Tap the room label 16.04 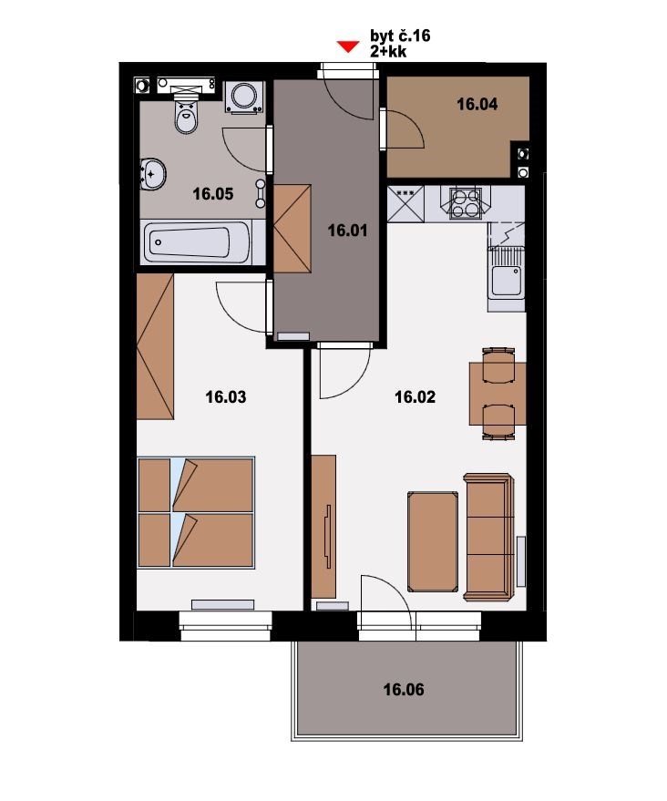(x=477, y=104)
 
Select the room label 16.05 (x=213, y=194)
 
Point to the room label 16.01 (x=347, y=231)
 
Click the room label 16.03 (x=226, y=397)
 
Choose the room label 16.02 (x=416, y=397)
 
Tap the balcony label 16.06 (x=404, y=690)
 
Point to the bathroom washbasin (x=152, y=174)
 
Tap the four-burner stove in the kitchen (x=466, y=203)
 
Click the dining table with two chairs (x=498, y=394)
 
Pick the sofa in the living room (x=488, y=537)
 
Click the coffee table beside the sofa (x=433, y=541)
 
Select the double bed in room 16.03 (x=196, y=512)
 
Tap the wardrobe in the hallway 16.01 (x=292, y=229)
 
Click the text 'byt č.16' (x=400, y=36)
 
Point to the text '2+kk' (x=388, y=51)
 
